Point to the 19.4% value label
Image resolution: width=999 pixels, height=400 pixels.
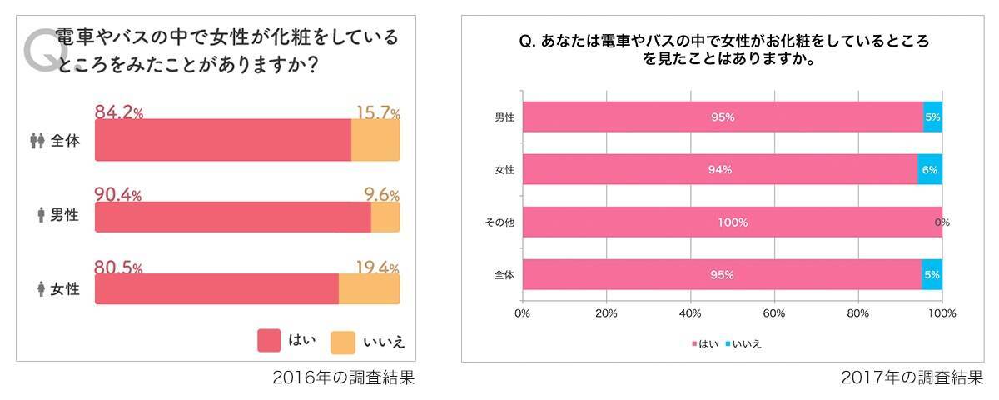[377, 268]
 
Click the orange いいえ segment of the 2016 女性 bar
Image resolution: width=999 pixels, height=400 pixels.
[369, 289]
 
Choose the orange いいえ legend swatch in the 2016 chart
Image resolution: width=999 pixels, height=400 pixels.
[343, 341]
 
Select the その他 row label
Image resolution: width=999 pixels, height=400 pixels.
[499, 222]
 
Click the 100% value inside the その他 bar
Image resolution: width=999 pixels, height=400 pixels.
[733, 222]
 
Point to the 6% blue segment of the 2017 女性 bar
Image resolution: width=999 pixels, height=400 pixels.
[930, 170]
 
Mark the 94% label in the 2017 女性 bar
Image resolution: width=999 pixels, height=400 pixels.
[720, 170]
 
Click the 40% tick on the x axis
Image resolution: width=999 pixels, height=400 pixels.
[690, 313]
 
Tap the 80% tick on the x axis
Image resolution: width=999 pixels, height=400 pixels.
[858, 313]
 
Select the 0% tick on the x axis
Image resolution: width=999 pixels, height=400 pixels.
[523, 313]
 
